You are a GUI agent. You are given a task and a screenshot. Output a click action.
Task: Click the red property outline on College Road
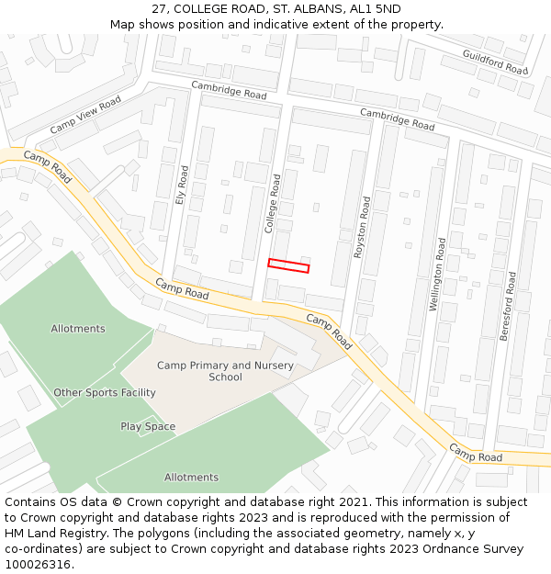coord(288,265)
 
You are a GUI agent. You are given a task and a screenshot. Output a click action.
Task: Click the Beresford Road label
coord(508,307)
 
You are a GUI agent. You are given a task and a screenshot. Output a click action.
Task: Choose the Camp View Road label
coord(84,116)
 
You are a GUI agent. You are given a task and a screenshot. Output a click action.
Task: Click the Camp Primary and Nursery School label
coord(225,371)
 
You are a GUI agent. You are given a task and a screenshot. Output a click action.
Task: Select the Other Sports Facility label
coord(105,393)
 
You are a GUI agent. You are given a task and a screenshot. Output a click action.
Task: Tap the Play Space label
coord(148,426)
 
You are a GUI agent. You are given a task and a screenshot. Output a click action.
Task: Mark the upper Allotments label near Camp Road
coord(78,329)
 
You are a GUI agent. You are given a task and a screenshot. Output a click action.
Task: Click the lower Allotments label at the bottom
coord(191,478)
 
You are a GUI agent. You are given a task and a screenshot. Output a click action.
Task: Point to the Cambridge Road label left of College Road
coord(229,90)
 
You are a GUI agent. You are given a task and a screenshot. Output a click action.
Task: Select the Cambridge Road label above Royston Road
coord(397,118)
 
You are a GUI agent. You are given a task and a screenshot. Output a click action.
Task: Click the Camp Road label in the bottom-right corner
coord(476,453)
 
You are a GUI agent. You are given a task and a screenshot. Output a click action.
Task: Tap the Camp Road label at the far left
coord(47,166)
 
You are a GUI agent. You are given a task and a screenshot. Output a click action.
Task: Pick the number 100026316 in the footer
coord(38,565)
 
